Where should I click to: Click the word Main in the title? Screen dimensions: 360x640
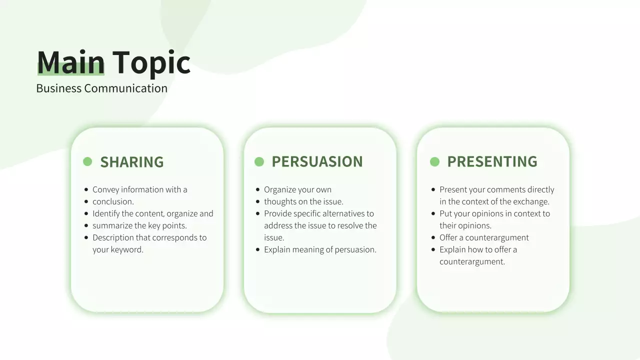click(70, 62)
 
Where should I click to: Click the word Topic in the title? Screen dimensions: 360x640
click(151, 62)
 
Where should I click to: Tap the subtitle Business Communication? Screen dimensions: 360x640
click(101, 88)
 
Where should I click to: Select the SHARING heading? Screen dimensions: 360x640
click(132, 162)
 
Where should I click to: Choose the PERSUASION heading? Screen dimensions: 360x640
click(317, 161)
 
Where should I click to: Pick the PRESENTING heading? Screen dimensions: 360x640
click(492, 161)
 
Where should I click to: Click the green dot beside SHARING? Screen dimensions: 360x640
click(87, 161)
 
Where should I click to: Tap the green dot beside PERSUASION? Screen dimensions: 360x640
click(259, 161)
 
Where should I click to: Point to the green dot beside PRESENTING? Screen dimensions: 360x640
click(434, 161)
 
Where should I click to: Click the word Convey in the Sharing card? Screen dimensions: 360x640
click(106, 189)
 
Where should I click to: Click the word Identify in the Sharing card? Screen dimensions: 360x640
click(105, 213)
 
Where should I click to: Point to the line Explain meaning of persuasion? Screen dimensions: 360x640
click(320, 249)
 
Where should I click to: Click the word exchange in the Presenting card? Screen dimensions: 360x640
click(532, 201)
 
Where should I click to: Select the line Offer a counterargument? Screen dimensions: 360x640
click(484, 237)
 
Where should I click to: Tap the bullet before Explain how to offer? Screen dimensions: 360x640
click(433, 249)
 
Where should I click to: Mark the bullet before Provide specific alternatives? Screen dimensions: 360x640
click(258, 213)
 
